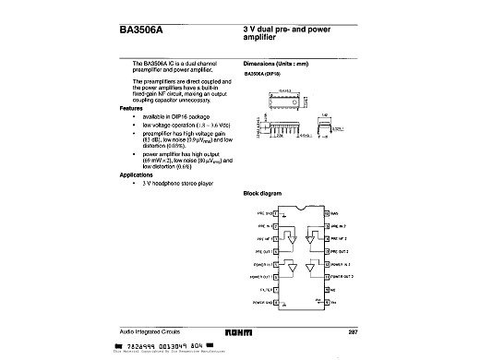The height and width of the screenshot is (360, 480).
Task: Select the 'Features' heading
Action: click(x=135, y=108)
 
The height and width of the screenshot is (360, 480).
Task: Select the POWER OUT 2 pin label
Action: click(x=338, y=275)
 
